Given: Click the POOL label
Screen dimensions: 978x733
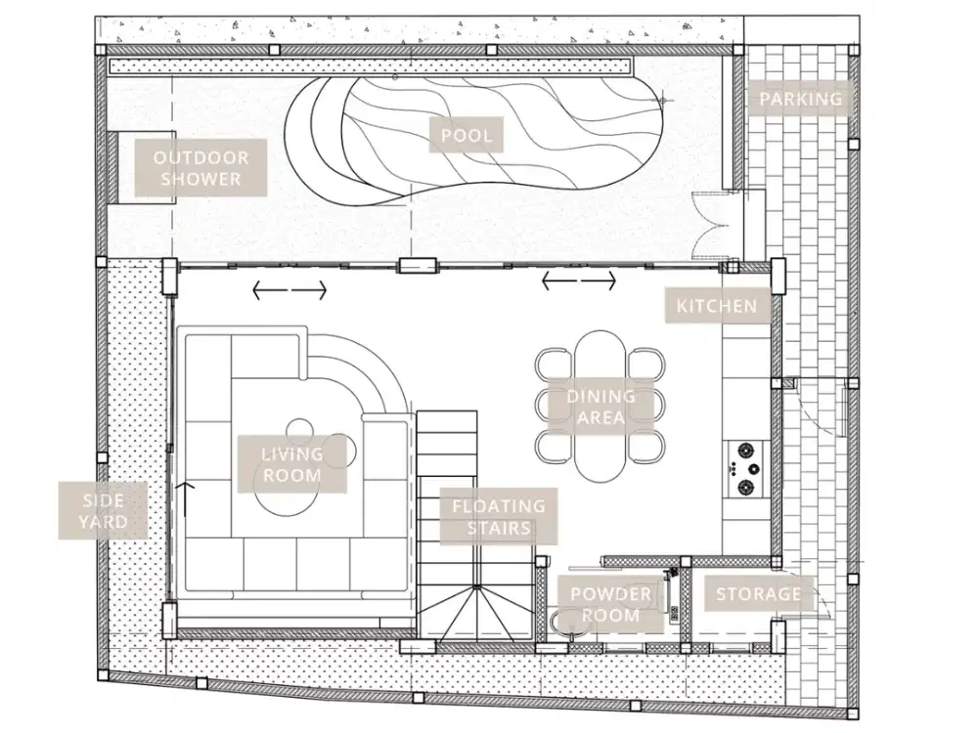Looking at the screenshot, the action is [466, 135].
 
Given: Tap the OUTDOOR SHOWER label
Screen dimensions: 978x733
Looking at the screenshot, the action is [200, 168].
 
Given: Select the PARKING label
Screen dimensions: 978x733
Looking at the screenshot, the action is [800, 99].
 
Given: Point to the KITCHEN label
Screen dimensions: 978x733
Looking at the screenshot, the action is [717, 306].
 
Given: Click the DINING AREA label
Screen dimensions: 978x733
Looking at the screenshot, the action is [600, 407].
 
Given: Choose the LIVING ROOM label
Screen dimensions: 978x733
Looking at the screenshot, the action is [291, 464].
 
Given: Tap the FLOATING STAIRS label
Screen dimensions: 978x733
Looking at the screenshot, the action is [499, 517].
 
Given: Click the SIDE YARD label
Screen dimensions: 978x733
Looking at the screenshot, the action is [103, 510].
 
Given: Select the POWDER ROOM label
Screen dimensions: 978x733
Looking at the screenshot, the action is [610, 605].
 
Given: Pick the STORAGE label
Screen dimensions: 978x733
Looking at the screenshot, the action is [759, 593].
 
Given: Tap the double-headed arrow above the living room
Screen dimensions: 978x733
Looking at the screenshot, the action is [289, 290].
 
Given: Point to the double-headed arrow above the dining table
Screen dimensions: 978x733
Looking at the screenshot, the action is [579, 281].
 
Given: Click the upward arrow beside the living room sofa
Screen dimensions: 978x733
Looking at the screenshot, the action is [186, 499].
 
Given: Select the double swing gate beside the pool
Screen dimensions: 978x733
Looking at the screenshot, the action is [711, 226].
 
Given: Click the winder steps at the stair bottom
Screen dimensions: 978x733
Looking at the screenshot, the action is [476, 613].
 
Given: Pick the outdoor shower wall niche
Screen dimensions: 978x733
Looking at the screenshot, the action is [112, 167].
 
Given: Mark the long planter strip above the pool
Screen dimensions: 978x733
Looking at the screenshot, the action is [372, 65].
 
